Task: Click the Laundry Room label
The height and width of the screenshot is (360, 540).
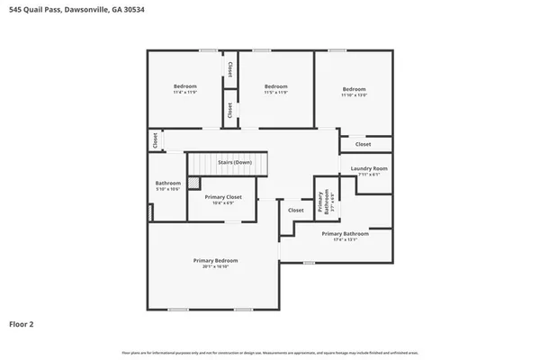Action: click(369, 168)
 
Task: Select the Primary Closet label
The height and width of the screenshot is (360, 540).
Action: click(222, 196)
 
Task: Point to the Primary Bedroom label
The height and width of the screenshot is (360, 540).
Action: click(214, 260)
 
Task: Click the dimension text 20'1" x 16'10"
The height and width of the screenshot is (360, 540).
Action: click(214, 267)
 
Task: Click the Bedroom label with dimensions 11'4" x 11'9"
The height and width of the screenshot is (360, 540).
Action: click(184, 86)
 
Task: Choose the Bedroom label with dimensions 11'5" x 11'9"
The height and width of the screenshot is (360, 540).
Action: click(274, 86)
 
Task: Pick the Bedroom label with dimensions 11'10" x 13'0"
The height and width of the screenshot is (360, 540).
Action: click(354, 89)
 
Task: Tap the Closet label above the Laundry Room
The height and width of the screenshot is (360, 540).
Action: click(363, 144)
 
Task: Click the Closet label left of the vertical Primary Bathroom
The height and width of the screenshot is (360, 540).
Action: click(295, 211)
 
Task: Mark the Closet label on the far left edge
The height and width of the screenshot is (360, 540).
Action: click(155, 140)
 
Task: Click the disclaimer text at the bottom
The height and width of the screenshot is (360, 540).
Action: click(269, 352)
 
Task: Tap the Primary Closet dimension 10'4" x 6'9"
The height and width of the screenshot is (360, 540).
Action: click(222, 202)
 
